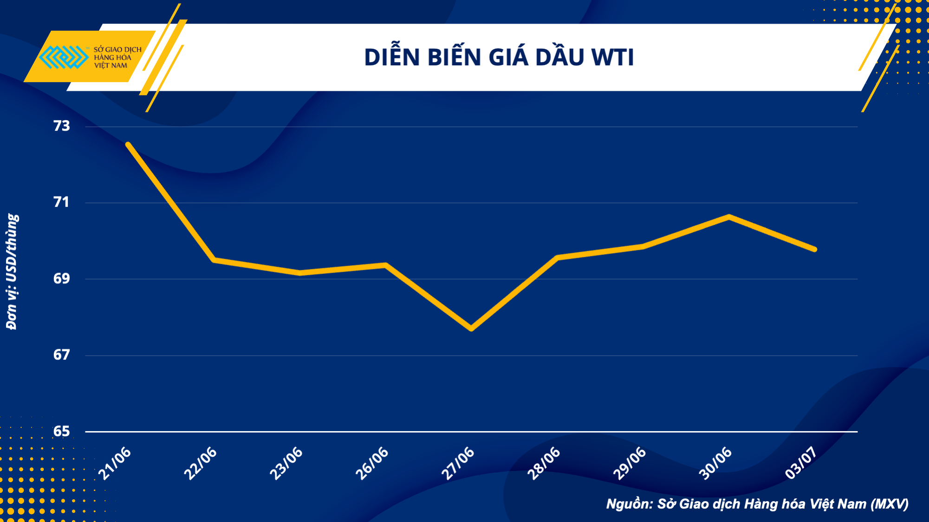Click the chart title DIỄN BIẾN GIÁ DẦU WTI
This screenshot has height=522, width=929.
[499, 57]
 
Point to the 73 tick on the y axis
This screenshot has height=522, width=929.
[62, 126]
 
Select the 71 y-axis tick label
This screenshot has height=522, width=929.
[62, 202]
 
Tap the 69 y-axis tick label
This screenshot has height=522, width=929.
[62, 279]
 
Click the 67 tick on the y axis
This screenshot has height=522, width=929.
[62, 355]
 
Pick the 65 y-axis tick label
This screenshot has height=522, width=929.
[62, 432]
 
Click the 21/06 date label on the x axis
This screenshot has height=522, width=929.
[115, 463]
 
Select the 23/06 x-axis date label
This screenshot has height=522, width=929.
[286, 463]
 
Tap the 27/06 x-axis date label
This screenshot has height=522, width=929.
[458, 463]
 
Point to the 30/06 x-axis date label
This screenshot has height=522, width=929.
[715, 463]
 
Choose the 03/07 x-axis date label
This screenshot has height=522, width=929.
[801, 463]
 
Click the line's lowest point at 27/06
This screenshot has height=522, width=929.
[471, 329]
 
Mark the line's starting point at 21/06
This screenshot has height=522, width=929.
[128, 144]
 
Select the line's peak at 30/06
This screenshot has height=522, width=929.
[729, 216]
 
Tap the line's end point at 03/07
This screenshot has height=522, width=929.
[815, 249]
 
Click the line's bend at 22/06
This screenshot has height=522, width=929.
[214, 260]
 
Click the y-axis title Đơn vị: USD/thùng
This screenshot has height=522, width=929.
[12, 272]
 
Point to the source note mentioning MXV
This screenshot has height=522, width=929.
[757, 504]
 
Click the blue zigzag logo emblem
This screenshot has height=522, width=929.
[64, 57]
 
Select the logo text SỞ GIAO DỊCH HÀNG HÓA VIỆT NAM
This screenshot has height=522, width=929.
[117, 57]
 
